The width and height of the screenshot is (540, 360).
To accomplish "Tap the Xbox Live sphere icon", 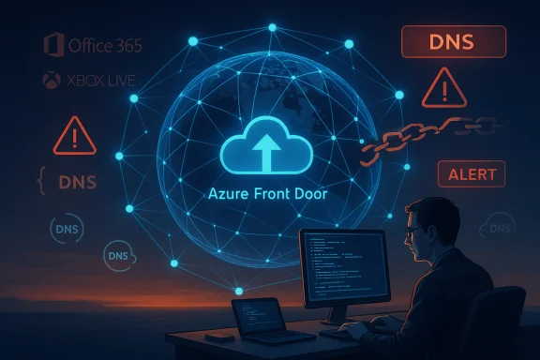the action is [52, 82].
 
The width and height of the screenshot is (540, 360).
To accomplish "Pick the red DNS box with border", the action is [453, 42].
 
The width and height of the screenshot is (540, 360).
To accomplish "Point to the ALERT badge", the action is [472, 173].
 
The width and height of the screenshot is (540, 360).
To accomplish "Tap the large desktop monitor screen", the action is [343, 273].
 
